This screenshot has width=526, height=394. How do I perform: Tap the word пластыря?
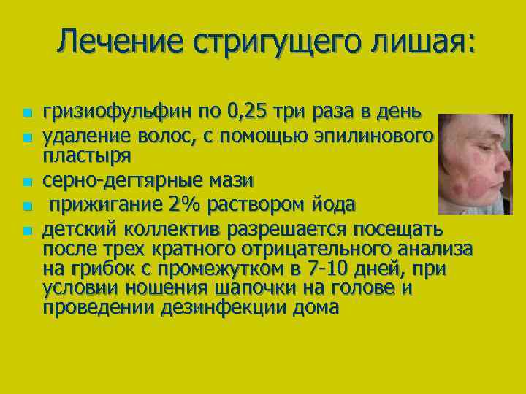(87, 156)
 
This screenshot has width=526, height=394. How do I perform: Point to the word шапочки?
(247, 289)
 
